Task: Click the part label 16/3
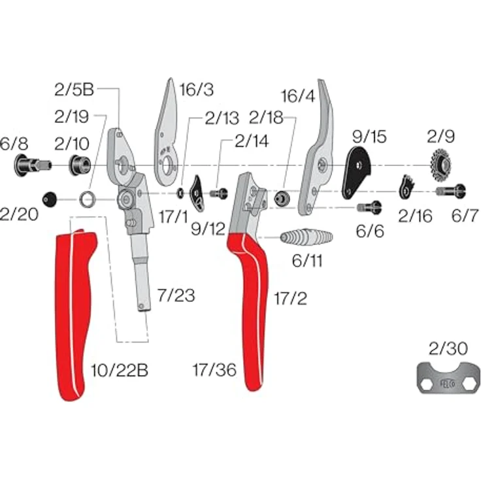click(x=196, y=90)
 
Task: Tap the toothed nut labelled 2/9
click(x=441, y=165)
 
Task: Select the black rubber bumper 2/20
click(x=50, y=199)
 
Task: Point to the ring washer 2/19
click(x=88, y=199)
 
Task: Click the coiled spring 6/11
click(x=307, y=237)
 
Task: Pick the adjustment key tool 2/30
click(x=448, y=377)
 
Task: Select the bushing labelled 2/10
click(x=80, y=165)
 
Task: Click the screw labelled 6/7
click(x=451, y=191)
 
